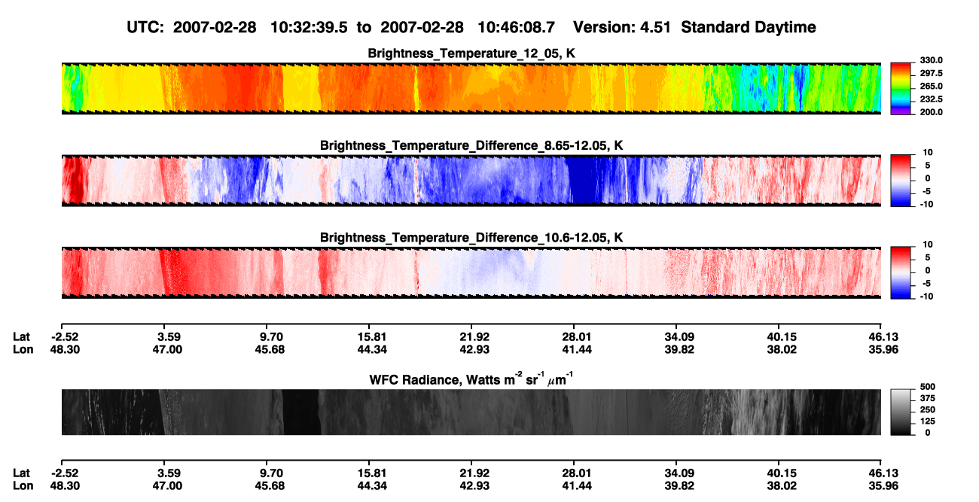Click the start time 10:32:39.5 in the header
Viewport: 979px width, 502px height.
pyautogui.click(x=309, y=28)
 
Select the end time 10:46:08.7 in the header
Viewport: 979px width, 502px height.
pyautogui.click(x=516, y=28)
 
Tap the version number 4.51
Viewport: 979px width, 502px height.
pyautogui.click(x=655, y=28)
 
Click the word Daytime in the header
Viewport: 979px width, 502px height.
pyautogui.click(x=785, y=28)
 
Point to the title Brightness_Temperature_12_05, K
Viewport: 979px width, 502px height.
pyautogui.click(x=471, y=53)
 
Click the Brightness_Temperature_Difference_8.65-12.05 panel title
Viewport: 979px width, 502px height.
pyautogui.click(x=471, y=145)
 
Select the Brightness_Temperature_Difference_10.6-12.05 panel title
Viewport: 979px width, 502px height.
pyautogui.click(x=471, y=238)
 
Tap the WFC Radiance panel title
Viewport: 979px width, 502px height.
pyautogui.click(x=471, y=379)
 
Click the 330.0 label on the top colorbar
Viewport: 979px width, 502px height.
pyautogui.click(x=931, y=60)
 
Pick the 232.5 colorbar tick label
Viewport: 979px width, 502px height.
pyautogui.click(x=931, y=99)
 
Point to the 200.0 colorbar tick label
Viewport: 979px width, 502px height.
pyautogui.click(x=931, y=112)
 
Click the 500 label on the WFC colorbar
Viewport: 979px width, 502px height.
pyautogui.click(x=928, y=387)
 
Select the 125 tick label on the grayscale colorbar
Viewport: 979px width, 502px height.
pyautogui.click(x=928, y=421)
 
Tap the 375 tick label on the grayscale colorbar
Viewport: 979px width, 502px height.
pyautogui.click(x=928, y=398)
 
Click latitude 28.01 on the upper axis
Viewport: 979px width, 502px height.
pyautogui.click(x=576, y=337)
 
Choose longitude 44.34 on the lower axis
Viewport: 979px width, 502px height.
pyautogui.click(x=372, y=486)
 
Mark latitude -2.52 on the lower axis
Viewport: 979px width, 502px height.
pyautogui.click(x=65, y=473)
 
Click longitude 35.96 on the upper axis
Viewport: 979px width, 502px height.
pyautogui.click(x=883, y=349)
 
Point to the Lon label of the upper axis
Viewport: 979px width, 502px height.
pyautogui.click(x=23, y=349)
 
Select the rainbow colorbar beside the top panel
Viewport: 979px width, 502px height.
pyautogui.click(x=901, y=89)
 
